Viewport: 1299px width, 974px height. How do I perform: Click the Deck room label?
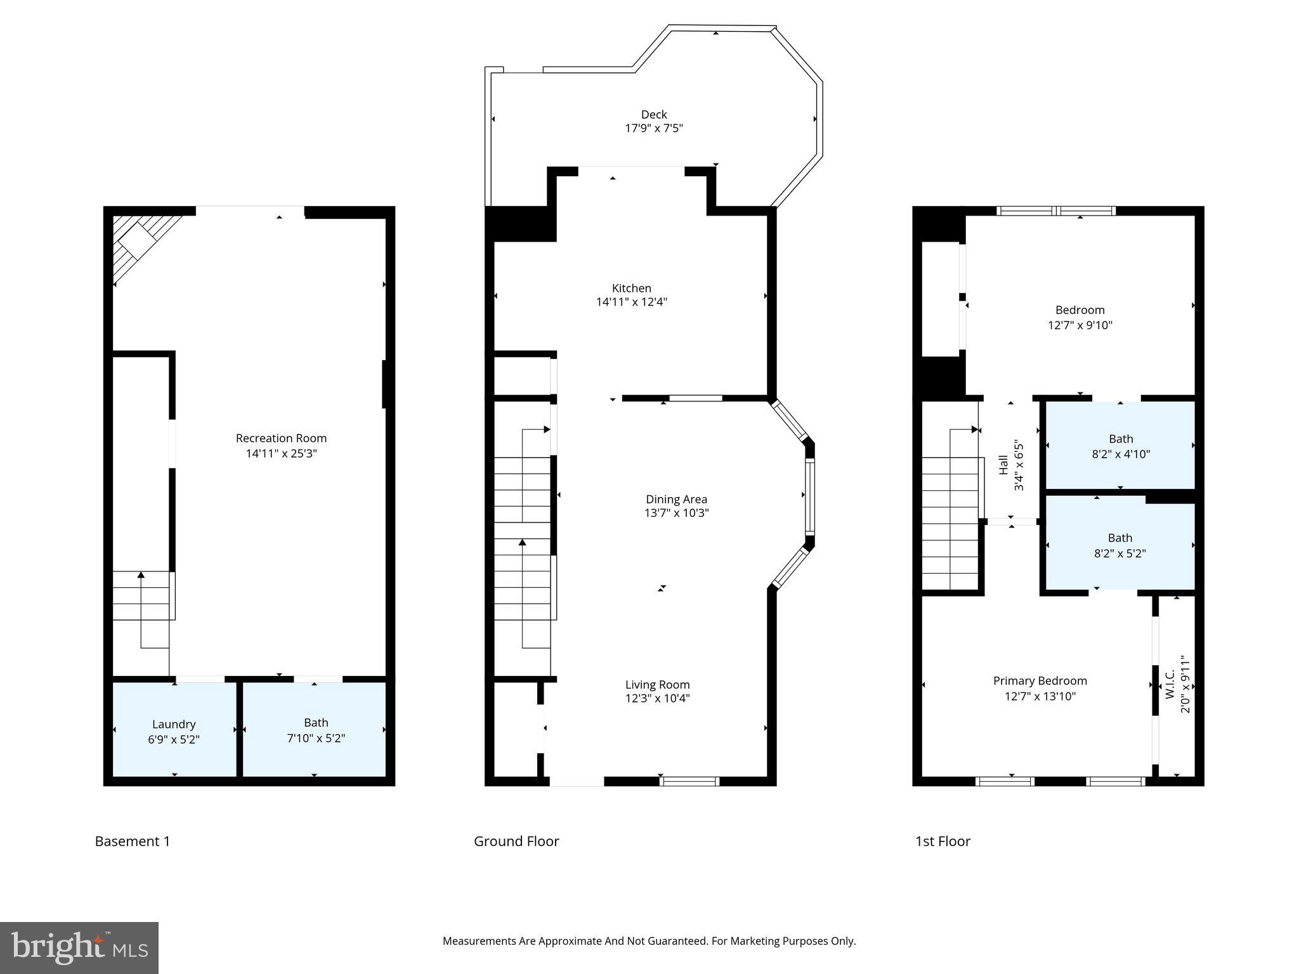[x=653, y=115]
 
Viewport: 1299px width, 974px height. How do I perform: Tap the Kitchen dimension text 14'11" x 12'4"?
[x=631, y=302]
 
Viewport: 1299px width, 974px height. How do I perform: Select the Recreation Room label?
[x=281, y=438]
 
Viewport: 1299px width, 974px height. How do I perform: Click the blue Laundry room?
[x=174, y=729]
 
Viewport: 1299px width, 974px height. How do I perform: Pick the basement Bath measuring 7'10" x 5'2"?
[x=315, y=729]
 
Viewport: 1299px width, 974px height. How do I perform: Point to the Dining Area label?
[x=676, y=499]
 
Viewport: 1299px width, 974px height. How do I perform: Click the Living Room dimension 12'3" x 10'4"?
[x=657, y=699]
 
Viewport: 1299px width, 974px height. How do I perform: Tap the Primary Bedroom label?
[x=1040, y=681]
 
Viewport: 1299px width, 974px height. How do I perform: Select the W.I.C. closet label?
[x=1171, y=685]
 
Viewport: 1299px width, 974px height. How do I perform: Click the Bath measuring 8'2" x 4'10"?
[x=1120, y=446]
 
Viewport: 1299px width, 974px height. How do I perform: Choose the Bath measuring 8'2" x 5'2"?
[x=1120, y=545]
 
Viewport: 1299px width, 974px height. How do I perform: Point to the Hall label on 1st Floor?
[x=1003, y=465]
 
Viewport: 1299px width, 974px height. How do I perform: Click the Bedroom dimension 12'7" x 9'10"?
[x=1080, y=325]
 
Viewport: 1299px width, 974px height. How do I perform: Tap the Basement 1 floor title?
[x=133, y=841]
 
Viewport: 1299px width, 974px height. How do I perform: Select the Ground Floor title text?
[x=516, y=841]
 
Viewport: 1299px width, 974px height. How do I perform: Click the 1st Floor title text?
[x=943, y=841]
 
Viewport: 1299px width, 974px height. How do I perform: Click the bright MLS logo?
[x=79, y=947]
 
